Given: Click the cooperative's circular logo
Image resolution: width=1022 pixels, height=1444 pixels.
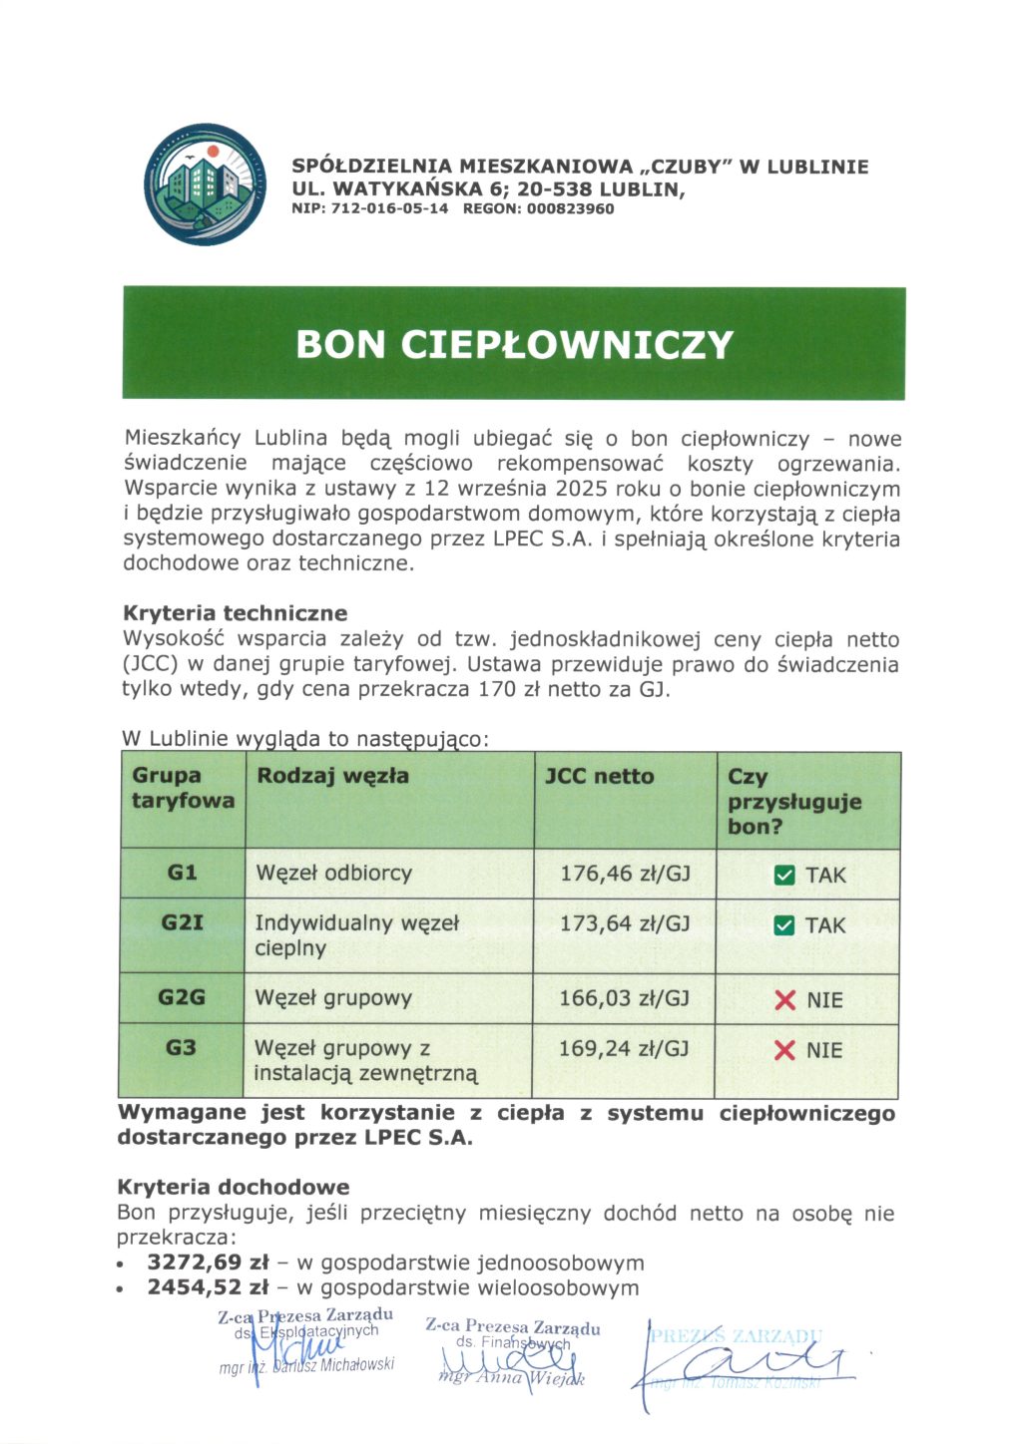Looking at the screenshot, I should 206,185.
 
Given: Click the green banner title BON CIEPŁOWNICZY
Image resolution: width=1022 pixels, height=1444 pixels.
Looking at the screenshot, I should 514,345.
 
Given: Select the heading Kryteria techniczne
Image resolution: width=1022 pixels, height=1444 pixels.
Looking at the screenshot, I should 235,613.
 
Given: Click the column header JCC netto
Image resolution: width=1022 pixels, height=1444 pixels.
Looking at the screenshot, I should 599,776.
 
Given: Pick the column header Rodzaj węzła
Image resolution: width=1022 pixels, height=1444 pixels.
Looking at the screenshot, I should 332,776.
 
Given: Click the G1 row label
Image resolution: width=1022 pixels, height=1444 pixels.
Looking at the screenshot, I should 182,873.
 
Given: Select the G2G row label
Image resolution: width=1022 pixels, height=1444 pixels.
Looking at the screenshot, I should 182,997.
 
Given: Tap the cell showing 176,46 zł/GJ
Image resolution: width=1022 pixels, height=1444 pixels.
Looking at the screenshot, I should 625,874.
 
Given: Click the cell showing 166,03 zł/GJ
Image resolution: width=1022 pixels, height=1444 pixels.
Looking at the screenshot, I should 624,998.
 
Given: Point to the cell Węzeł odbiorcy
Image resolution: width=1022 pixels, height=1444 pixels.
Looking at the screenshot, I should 333,873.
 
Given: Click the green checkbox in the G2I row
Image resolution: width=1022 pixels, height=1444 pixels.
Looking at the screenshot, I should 784,925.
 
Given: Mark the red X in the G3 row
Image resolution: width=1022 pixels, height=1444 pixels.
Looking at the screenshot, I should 785,1050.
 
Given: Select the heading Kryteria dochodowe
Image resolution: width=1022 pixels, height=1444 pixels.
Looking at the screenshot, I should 234,1187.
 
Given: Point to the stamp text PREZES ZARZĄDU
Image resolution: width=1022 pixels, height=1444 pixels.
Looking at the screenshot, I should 736,1336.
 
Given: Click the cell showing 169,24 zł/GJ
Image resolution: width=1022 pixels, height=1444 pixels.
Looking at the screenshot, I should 624,1048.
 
